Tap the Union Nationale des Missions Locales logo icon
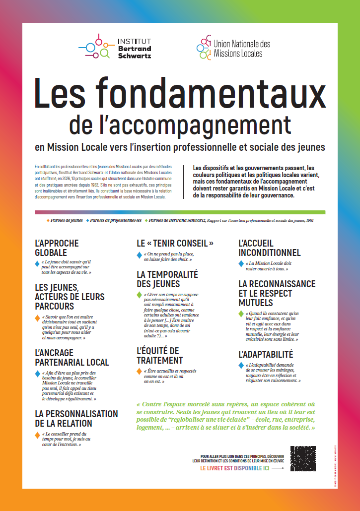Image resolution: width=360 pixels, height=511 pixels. (x=204, y=47)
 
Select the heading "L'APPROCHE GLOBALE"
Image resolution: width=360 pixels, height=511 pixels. (x=57, y=248)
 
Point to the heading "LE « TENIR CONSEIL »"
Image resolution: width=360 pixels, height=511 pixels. (x=175, y=244)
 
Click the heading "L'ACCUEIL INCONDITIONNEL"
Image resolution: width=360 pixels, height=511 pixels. (x=269, y=248)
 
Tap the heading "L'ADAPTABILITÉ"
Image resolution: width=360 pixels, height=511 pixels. (x=266, y=355)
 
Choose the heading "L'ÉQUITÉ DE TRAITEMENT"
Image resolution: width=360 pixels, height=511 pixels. (x=160, y=356)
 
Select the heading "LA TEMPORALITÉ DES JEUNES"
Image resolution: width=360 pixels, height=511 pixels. (x=167, y=279)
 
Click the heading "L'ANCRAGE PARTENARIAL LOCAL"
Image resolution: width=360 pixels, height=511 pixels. (x=72, y=357)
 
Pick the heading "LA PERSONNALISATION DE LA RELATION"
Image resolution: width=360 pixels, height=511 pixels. (x=76, y=418)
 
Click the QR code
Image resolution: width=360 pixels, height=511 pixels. (x=303, y=459)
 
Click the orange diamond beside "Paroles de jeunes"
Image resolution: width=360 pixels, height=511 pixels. (x=48, y=219)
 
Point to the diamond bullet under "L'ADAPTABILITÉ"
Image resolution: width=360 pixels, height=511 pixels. (x=241, y=366)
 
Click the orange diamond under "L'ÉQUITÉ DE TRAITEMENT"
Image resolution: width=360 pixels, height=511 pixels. (x=139, y=371)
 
